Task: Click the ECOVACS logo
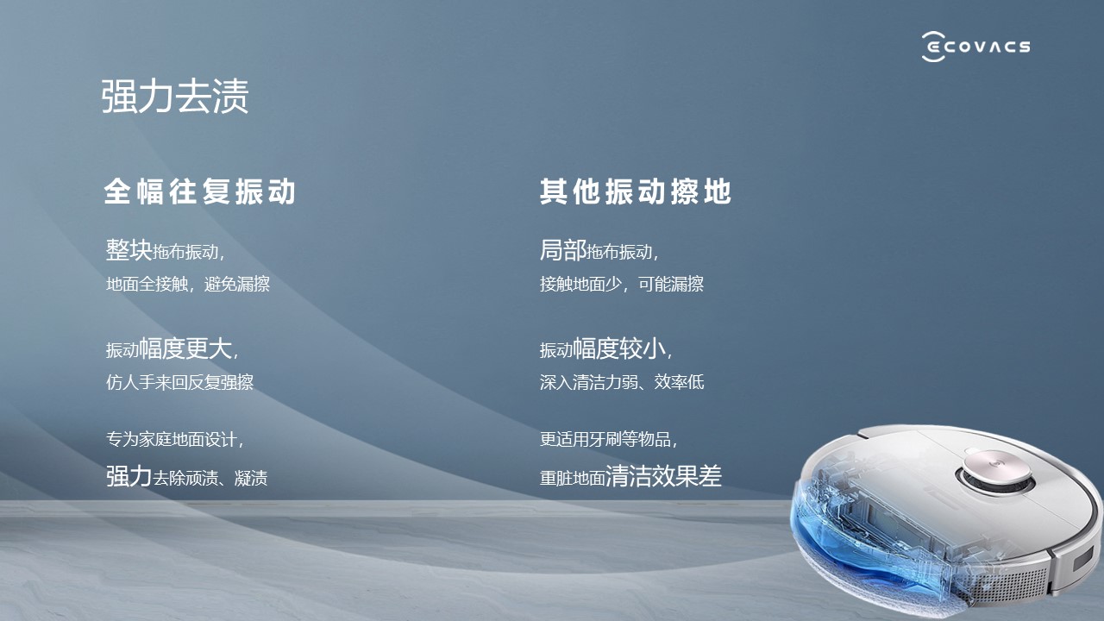975,47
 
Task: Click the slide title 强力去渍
175,96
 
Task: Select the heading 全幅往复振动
199,191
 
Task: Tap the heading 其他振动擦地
636,191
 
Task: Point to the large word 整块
129,250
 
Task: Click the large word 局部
563,250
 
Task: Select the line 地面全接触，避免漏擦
188,284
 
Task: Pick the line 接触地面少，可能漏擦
622,284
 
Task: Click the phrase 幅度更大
185,348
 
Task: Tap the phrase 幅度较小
619,348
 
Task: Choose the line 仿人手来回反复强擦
180,382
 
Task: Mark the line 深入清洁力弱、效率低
622,382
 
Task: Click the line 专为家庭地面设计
172,439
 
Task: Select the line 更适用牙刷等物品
605,439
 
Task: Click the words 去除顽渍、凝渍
210,478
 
